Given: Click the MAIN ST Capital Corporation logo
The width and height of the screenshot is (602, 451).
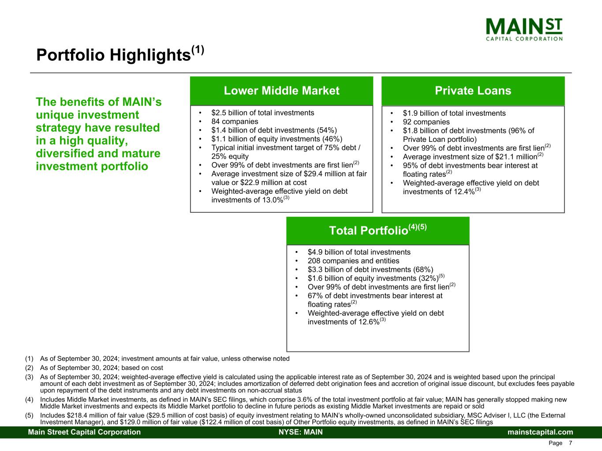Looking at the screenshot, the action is pyautogui.click(x=524, y=30).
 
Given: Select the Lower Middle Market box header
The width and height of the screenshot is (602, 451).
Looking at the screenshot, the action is pyautogui.click(x=281, y=91).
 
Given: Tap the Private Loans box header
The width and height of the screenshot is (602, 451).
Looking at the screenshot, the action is pyautogui.click(x=473, y=91).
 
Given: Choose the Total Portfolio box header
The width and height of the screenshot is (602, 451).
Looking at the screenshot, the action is pyautogui.click(x=378, y=231).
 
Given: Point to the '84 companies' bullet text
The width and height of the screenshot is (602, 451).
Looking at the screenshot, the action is pyautogui.click(x=235, y=122).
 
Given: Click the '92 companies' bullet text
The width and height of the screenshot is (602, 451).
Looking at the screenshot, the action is pyautogui.click(x=426, y=122).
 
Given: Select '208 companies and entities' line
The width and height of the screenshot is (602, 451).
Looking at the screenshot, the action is pyautogui.click(x=353, y=261).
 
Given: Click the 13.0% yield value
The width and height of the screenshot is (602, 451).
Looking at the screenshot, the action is pyautogui.click(x=273, y=200).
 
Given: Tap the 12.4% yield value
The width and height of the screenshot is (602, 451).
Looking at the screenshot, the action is pyautogui.click(x=464, y=192).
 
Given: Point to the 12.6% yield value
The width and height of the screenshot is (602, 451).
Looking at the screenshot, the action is pyautogui.click(x=369, y=322).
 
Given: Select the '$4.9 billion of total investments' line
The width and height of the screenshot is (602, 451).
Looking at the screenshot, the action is pyautogui.click(x=359, y=252).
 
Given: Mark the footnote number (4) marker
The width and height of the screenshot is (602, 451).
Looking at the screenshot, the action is pyautogui.click(x=30, y=399).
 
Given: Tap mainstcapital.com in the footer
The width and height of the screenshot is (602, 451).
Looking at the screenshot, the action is pyautogui.click(x=540, y=432).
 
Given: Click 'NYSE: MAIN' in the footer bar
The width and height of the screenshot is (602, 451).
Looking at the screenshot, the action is pyautogui.click(x=301, y=432).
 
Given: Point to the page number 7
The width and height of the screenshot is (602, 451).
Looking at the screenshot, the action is pyautogui.click(x=570, y=443).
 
